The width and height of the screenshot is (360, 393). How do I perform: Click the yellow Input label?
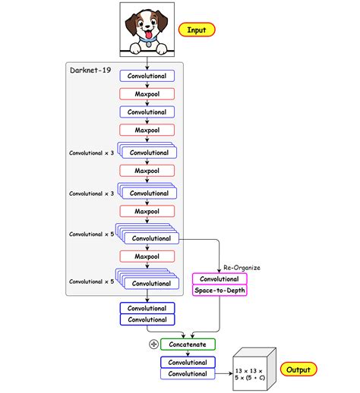(197, 30)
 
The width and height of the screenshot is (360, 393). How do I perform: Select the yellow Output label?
(299, 369)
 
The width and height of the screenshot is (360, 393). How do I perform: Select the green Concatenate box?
(188, 344)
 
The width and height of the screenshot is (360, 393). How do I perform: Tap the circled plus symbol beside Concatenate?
(154, 344)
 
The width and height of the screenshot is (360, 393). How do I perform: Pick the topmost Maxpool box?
(147, 94)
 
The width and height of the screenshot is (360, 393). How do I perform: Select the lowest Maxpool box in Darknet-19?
(147, 256)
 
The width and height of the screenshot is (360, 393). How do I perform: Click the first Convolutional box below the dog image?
(147, 76)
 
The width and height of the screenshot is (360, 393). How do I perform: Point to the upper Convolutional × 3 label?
(91, 152)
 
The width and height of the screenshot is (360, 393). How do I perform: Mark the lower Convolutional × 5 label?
(91, 281)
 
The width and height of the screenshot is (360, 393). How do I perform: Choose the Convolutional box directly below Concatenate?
(188, 362)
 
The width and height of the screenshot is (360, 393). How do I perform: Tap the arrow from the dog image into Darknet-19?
(147, 64)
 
